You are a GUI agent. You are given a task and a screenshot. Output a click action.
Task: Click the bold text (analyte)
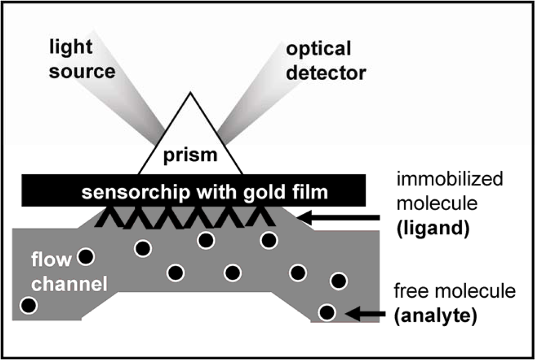click(x=435, y=316)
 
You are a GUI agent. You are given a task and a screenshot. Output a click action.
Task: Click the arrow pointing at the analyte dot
click(x=365, y=312)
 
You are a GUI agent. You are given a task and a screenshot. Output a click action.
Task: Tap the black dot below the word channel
click(x=28, y=306)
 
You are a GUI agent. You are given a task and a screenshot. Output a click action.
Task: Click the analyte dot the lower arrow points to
click(x=328, y=312)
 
